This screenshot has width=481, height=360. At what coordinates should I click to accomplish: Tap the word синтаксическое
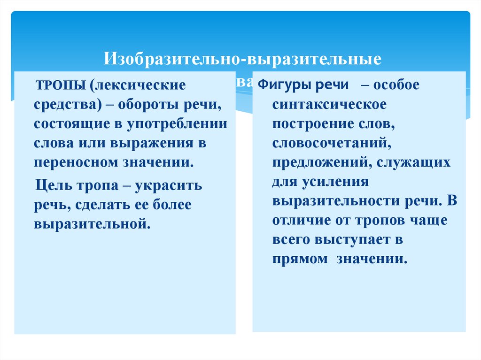(x=329, y=105)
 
